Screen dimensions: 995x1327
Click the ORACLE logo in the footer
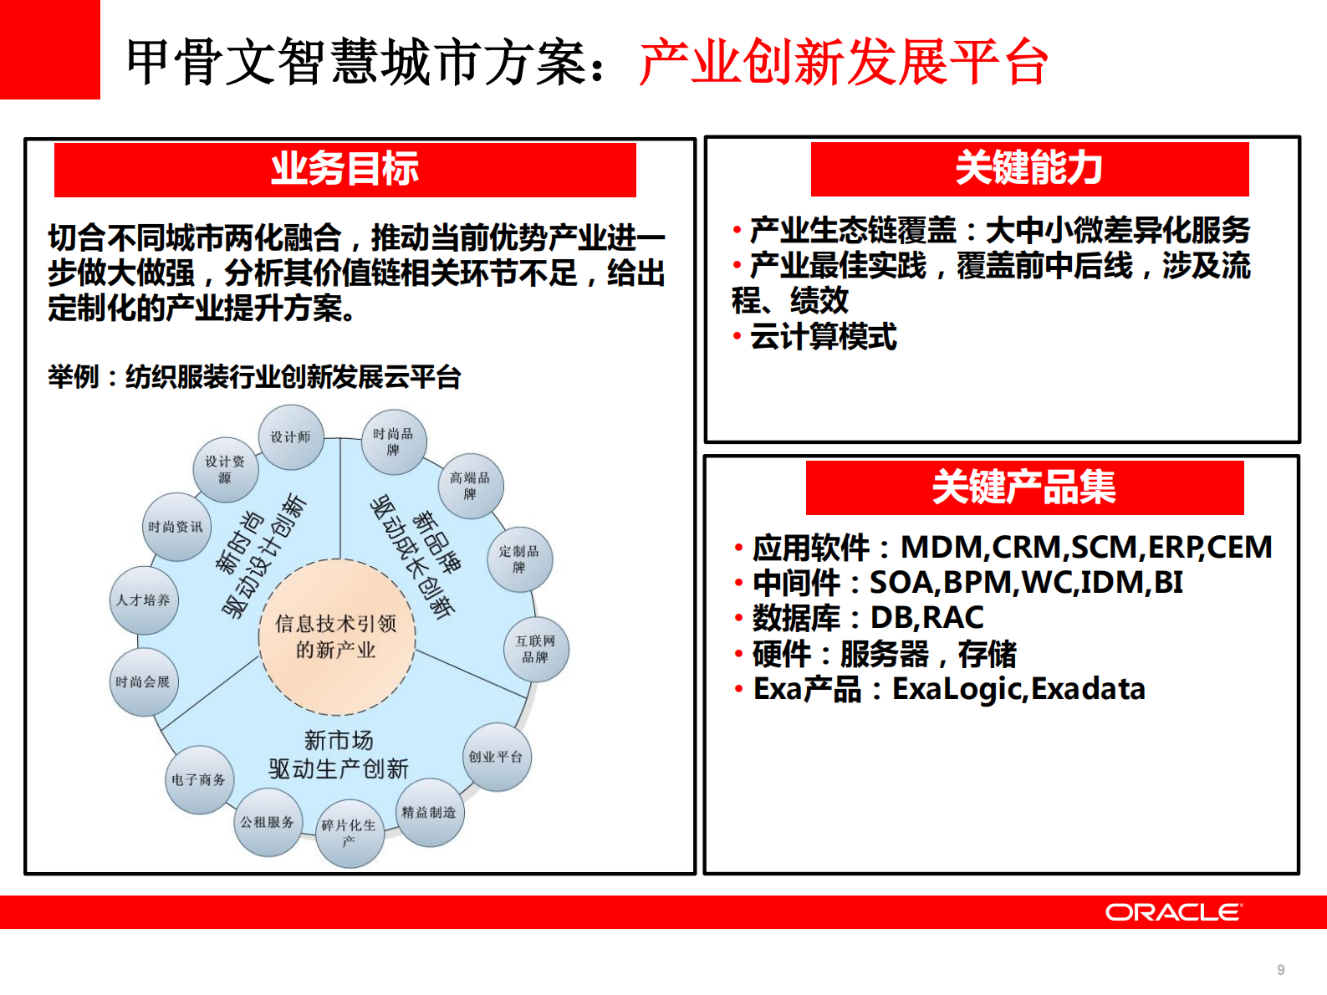click(x=1174, y=912)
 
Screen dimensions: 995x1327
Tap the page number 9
click(x=1280, y=970)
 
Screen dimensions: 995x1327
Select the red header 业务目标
click(x=345, y=170)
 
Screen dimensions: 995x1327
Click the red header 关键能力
click(x=1029, y=169)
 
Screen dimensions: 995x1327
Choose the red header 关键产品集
click(x=1024, y=487)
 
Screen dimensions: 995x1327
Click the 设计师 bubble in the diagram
click(x=290, y=437)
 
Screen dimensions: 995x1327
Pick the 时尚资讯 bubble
click(x=176, y=527)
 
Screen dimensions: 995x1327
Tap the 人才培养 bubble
click(x=144, y=600)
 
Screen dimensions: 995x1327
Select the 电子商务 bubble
click(x=199, y=779)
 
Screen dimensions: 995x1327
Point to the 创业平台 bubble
click(x=496, y=757)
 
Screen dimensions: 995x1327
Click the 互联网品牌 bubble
click(x=536, y=649)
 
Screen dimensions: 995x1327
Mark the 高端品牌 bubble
click(x=470, y=486)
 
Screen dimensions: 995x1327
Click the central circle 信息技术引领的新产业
click(x=337, y=636)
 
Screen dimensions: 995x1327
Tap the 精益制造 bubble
click(x=429, y=812)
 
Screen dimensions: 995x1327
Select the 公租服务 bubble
click(x=268, y=822)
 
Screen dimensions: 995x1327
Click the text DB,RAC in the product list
click(x=926, y=618)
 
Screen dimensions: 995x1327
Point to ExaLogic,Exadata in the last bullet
click(x=1018, y=689)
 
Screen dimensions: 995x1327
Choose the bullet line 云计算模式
click(x=823, y=337)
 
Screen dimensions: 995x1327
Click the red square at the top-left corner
click(x=49, y=49)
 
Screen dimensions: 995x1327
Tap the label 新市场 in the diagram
click(x=339, y=740)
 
